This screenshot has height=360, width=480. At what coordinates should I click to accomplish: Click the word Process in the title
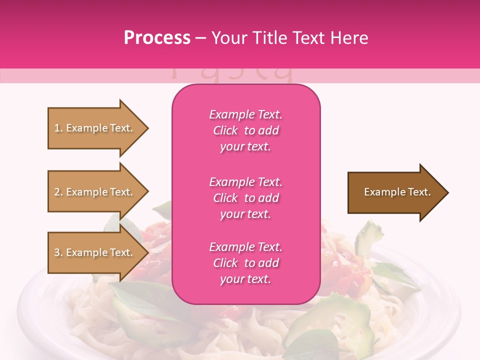click(157, 38)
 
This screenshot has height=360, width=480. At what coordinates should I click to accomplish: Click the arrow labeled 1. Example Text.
click(95, 128)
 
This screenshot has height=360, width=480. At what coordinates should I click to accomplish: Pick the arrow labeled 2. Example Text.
click(95, 192)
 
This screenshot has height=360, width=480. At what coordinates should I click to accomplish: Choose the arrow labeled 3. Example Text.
click(95, 252)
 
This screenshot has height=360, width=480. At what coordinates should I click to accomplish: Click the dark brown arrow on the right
click(395, 192)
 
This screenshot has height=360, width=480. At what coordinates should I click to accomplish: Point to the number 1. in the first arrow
click(58, 128)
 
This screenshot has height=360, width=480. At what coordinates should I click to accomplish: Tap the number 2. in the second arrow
click(58, 192)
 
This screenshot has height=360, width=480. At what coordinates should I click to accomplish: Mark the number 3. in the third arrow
click(58, 253)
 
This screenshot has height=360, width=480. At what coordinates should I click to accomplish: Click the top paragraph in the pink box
click(246, 130)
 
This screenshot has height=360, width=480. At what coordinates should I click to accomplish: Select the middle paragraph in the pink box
click(246, 198)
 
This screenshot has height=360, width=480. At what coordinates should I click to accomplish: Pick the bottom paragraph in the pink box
click(246, 263)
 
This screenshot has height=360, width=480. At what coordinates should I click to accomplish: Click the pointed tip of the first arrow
click(147, 128)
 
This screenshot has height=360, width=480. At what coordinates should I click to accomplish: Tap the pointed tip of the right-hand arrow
click(447, 192)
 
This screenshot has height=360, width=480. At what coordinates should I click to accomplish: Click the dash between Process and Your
click(201, 38)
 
